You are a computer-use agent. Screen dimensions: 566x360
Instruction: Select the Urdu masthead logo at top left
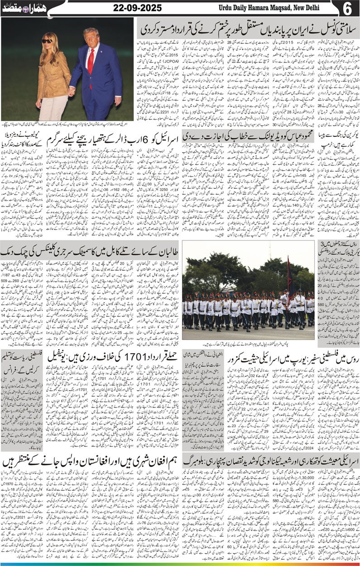tap(25, 8)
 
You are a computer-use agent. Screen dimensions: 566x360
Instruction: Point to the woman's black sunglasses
tap(47, 41)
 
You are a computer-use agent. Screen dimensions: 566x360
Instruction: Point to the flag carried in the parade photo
tap(288, 272)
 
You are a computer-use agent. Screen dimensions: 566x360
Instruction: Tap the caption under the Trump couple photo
tap(68, 123)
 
